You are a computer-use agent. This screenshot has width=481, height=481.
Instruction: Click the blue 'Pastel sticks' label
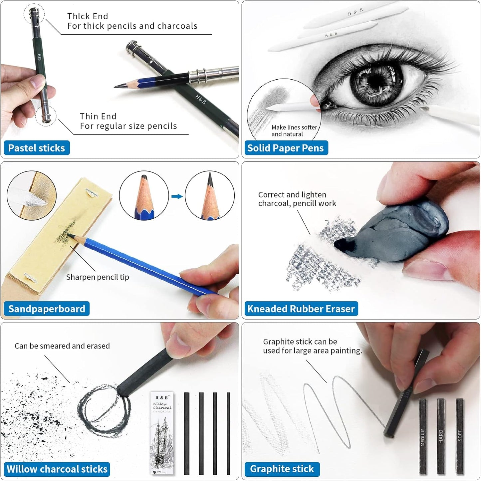click(37, 148)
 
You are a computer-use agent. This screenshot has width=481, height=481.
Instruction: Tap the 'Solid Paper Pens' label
click(286, 148)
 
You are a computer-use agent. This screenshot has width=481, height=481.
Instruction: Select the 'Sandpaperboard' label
click(47, 309)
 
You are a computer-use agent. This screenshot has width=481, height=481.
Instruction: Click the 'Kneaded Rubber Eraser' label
click(301, 309)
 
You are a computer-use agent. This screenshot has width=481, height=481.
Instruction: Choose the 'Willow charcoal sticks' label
click(57, 469)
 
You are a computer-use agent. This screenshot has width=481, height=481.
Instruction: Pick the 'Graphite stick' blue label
click(282, 469)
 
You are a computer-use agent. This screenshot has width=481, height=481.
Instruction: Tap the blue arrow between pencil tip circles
click(177, 196)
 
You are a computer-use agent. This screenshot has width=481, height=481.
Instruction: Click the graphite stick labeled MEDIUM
click(423, 436)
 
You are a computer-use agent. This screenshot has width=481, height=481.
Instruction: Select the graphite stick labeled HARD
click(441, 436)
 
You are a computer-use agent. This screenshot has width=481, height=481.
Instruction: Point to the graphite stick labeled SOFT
click(460, 436)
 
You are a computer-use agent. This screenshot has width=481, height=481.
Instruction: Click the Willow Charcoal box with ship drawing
click(162, 433)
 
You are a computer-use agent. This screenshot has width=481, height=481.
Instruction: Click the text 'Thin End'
click(98, 116)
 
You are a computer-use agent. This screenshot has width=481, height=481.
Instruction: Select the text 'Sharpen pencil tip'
click(98, 277)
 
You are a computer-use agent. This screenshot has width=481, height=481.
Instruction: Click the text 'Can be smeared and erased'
click(62, 346)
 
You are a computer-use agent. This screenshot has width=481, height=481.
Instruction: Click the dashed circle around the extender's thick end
click(34, 13)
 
